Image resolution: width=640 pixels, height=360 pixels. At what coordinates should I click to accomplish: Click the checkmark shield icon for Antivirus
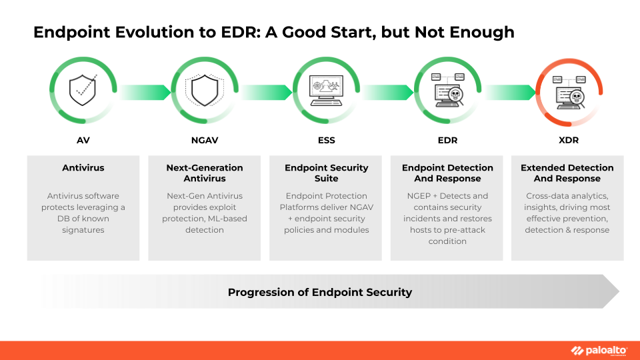[x=83, y=91]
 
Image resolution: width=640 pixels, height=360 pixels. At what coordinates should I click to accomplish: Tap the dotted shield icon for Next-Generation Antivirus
[x=204, y=91]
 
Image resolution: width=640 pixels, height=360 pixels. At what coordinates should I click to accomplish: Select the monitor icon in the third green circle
[x=326, y=91]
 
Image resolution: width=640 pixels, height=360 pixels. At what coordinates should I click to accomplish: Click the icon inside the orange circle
[x=570, y=92]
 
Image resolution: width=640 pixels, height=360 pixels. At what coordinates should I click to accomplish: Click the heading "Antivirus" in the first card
[x=83, y=168]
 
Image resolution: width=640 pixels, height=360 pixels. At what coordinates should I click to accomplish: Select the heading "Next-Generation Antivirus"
[x=205, y=173]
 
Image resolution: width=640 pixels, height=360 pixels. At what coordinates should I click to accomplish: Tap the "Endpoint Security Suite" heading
[x=326, y=173]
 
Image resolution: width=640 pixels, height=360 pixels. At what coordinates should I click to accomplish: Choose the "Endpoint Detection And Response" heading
[x=447, y=173]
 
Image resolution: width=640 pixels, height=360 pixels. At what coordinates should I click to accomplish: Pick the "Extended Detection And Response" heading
[x=567, y=173]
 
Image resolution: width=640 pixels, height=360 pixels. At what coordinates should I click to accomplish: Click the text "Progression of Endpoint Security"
[x=320, y=292]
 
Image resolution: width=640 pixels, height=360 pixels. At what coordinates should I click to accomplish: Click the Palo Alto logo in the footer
[x=598, y=351]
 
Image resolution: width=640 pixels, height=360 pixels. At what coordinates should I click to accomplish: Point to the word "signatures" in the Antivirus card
[x=83, y=230]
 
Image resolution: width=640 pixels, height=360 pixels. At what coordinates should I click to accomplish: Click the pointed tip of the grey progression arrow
[x=619, y=291]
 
